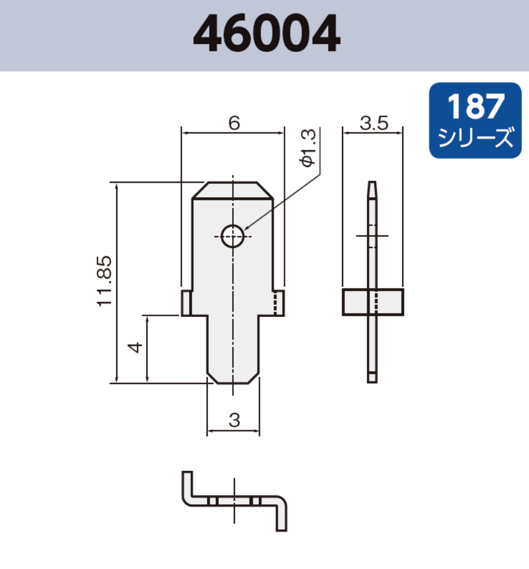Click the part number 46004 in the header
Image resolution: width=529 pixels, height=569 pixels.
[266, 34]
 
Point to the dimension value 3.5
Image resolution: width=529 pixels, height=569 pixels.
[373, 123]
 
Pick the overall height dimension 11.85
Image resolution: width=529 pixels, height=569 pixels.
[104, 282]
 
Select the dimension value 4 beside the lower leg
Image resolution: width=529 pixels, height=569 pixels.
[135, 348]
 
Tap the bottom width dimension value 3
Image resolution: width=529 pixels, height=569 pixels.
[233, 420]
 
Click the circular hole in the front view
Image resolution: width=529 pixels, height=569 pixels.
[232, 235]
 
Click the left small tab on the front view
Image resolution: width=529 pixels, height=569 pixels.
[186, 304]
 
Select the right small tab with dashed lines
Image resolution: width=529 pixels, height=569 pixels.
[278, 304]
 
